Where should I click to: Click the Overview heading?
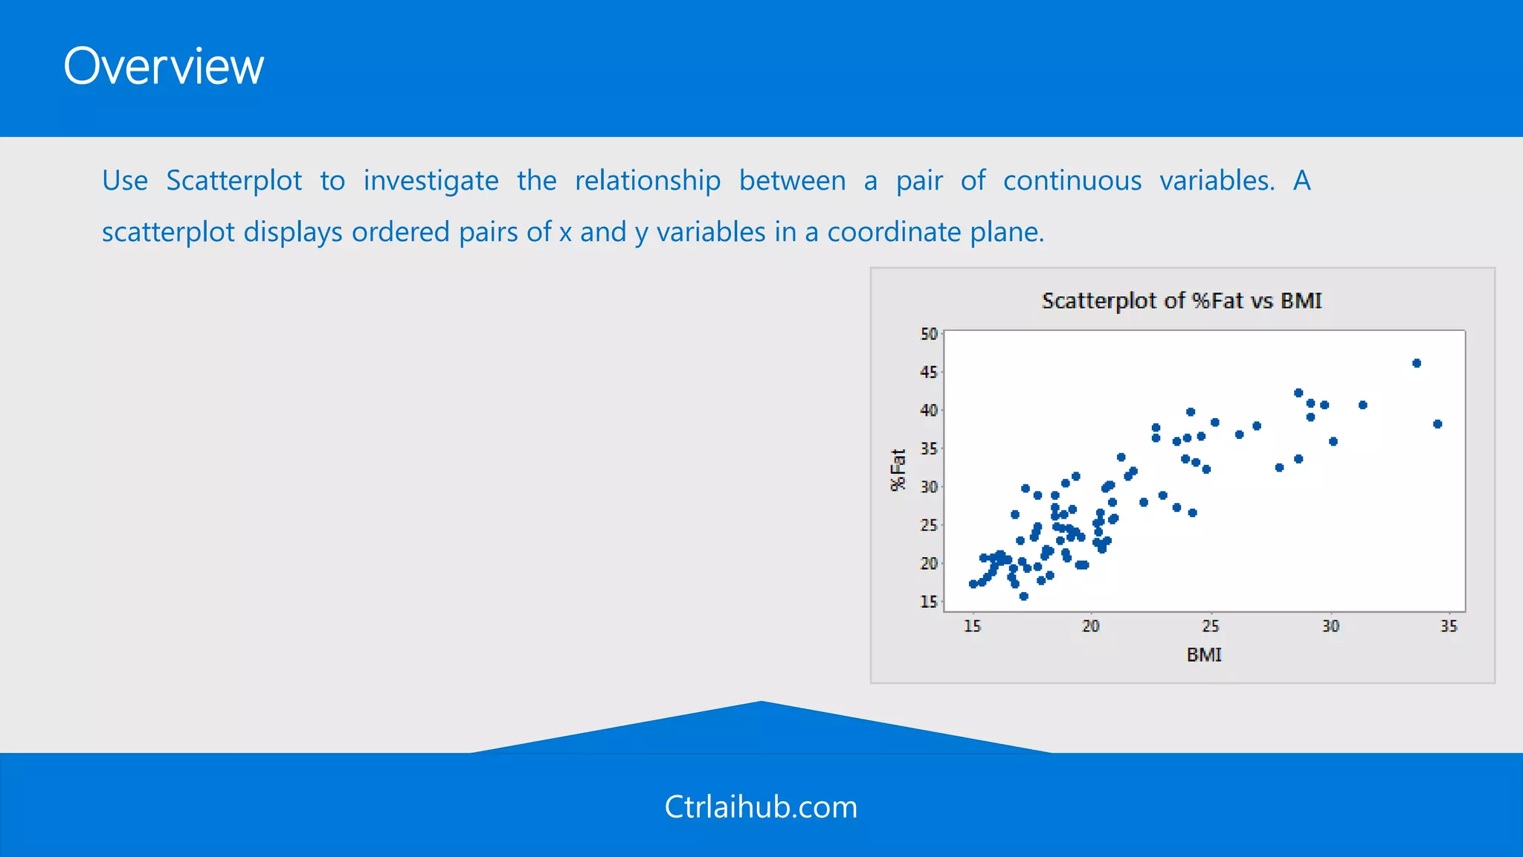tap(164, 67)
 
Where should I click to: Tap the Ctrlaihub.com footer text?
tap(761, 807)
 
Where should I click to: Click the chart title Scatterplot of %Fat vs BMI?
tap(1182, 301)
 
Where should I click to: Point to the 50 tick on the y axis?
tap(929, 334)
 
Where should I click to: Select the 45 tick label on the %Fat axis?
tap(929, 372)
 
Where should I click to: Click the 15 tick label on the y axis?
tap(929, 601)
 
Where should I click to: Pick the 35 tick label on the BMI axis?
tap(1449, 626)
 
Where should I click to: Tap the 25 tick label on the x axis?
tap(1211, 626)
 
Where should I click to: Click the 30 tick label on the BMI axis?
tap(1330, 626)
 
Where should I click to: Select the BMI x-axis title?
tap(1204, 655)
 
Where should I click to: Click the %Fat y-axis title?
tap(898, 470)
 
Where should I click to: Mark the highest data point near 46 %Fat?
tap(1417, 363)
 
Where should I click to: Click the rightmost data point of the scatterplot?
tap(1437, 424)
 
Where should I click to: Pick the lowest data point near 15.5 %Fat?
tap(1024, 596)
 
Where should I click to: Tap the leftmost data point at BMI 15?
tap(973, 584)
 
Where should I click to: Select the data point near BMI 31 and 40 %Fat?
tap(1363, 405)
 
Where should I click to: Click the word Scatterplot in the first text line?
tap(234, 181)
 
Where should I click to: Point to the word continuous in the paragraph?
tap(1072, 181)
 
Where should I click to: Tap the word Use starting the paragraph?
tap(125, 181)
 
